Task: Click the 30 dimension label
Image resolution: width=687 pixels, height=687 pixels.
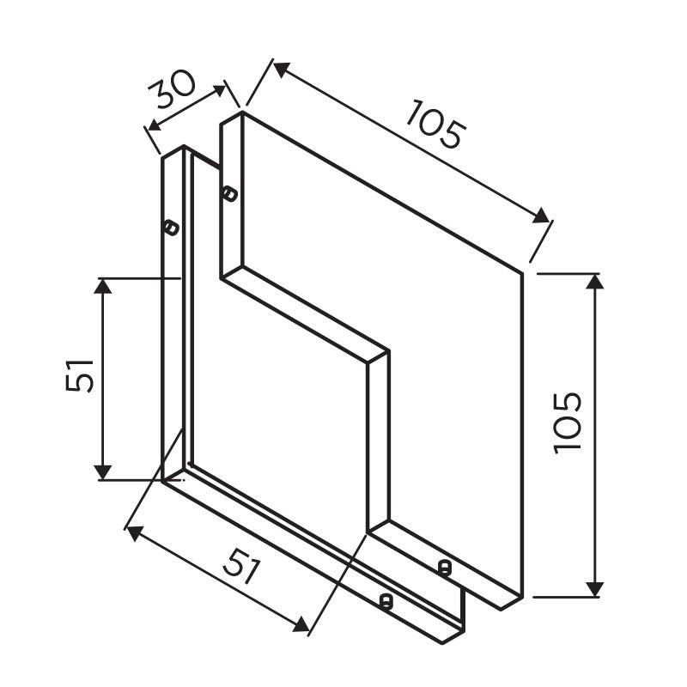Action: pyautogui.click(x=171, y=90)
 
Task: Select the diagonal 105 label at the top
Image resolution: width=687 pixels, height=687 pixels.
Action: pyautogui.click(x=436, y=125)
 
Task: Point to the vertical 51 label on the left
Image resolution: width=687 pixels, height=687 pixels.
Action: pyautogui.click(x=79, y=375)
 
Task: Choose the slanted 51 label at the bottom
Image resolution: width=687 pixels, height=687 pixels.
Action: pyautogui.click(x=241, y=566)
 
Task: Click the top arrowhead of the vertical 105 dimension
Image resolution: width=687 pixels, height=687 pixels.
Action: pyautogui.click(x=595, y=282)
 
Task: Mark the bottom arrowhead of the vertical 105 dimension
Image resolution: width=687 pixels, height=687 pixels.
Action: pyautogui.click(x=595, y=588)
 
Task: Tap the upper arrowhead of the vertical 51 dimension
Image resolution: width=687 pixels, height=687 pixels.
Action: pyautogui.click(x=103, y=286)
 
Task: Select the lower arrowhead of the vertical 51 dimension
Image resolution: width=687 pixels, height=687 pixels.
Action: pyautogui.click(x=103, y=472)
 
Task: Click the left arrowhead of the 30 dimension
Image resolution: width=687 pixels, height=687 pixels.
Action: pyautogui.click(x=155, y=125)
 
